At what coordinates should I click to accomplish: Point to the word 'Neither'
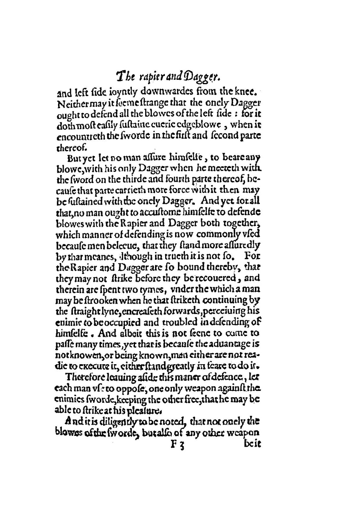click(x=69, y=104)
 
